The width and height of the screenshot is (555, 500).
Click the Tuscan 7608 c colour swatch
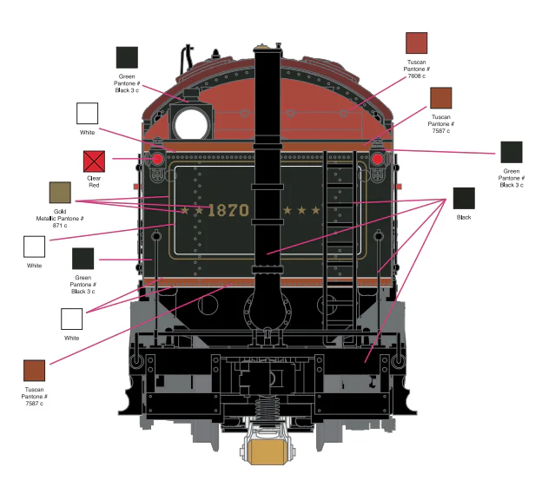[416, 43]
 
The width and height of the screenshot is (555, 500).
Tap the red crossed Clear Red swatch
[94, 161]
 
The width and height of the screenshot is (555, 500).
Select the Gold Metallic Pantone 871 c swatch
[60, 193]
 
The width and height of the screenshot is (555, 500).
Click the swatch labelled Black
[464, 198]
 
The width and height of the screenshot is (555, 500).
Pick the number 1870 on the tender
[228, 211]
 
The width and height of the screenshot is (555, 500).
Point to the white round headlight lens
[191, 124]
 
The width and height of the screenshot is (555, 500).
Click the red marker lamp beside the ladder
[378, 159]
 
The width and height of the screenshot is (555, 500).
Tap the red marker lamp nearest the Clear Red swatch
[157, 159]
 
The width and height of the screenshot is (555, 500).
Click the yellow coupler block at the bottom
[268, 452]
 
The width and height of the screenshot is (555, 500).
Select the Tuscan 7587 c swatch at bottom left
[35, 371]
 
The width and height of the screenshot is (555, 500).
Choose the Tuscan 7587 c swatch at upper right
[440, 98]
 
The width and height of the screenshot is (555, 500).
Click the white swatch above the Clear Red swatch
[87, 113]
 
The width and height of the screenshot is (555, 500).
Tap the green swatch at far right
[511, 152]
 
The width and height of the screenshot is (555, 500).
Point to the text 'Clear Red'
[94, 181]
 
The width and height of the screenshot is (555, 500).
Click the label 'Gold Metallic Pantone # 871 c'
[60, 219]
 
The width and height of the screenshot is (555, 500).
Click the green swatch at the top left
[127, 57]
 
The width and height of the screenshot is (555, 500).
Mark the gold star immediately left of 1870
[199, 211]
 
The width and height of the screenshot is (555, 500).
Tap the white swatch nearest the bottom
[71, 319]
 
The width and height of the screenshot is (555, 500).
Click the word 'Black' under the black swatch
[464, 217]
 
